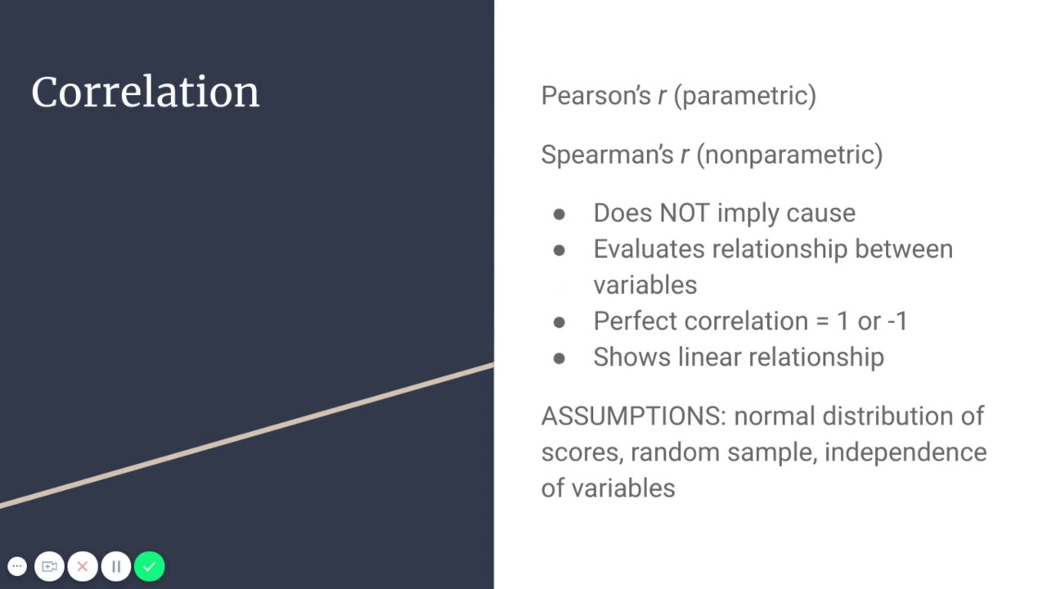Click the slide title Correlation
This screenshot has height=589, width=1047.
click(x=145, y=92)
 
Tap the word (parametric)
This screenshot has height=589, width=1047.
click(x=744, y=96)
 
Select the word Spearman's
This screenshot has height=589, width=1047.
click(x=606, y=155)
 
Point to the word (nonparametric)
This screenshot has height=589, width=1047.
click(x=789, y=155)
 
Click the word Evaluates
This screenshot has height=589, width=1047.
click(x=648, y=249)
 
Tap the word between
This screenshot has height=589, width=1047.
click(x=904, y=249)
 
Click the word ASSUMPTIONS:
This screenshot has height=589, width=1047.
click(x=633, y=416)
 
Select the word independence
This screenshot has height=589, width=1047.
click(x=905, y=452)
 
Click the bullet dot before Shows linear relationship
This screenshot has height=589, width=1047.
click(x=559, y=357)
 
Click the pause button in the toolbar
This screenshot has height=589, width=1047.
click(x=116, y=566)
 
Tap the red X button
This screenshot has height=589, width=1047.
click(x=83, y=566)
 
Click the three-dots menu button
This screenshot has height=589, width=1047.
click(x=17, y=566)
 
